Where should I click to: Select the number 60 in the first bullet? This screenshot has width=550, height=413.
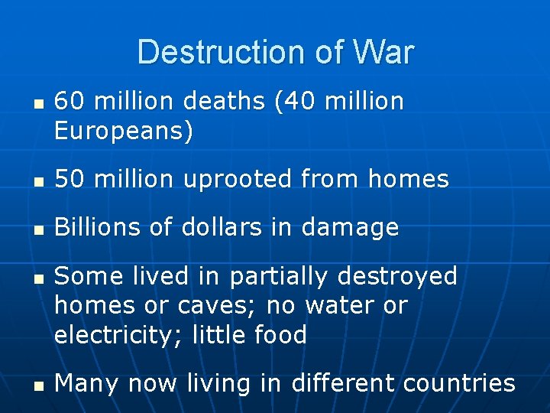click(70, 102)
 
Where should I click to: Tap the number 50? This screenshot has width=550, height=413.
click(70, 180)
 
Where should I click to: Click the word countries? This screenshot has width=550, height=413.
click(457, 383)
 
